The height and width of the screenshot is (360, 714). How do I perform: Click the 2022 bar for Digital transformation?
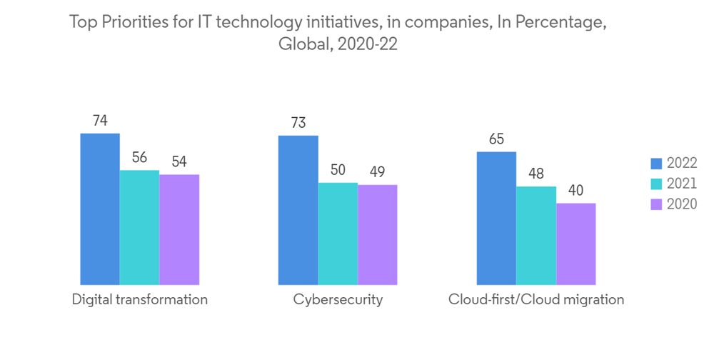click(x=100, y=209)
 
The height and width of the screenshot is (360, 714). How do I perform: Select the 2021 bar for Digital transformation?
click(x=139, y=228)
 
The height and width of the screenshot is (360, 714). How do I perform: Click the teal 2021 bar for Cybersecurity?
click(x=338, y=234)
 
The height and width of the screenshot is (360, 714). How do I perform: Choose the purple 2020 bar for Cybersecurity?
click(x=377, y=235)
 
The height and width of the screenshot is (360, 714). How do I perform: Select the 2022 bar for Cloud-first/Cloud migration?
click(x=496, y=219)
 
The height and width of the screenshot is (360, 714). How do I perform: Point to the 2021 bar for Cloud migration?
click(x=536, y=236)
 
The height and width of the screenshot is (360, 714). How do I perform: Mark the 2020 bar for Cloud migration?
click(x=575, y=244)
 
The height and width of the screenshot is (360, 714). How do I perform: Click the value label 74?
click(x=100, y=121)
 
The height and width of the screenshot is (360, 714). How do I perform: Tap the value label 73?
click(x=298, y=123)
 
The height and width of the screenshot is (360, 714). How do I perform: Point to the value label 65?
click(x=496, y=139)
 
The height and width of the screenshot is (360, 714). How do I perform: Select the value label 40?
click(x=575, y=191)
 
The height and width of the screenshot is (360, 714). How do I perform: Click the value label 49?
click(x=377, y=172)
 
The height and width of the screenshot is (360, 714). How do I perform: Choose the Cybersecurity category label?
click(x=338, y=300)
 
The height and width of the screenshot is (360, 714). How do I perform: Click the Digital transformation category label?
click(x=140, y=300)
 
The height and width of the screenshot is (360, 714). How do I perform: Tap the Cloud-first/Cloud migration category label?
click(x=535, y=300)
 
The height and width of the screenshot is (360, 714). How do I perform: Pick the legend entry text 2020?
click(x=681, y=204)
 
